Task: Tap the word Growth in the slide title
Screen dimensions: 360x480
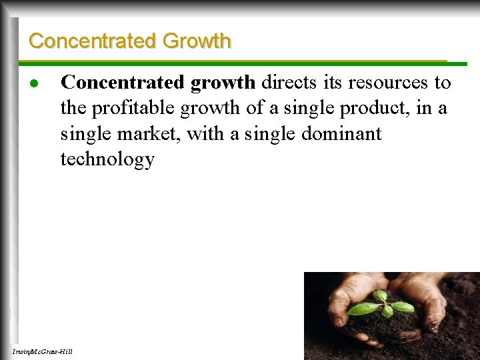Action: pyautogui.click(x=197, y=41)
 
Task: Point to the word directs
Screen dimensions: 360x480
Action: pyautogui.click(x=286, y=83)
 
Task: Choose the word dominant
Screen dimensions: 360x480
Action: pyautogui.click(x=341, y=133)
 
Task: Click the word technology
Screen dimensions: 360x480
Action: pyautogui.click(x=107, y=159)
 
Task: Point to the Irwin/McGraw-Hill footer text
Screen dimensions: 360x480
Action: pyautogui.click(x=42, y=351)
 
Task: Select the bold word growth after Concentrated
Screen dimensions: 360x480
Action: pyautogui.click(x=223, y=83)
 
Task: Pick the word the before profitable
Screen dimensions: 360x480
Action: pyautogui.click(x=71, y=108)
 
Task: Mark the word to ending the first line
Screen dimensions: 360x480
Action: pyautogui.click(x=443, y=83)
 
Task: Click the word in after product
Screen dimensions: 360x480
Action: pyautogui.click(x=423, y=108)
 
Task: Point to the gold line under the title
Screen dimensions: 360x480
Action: pyautogui.click(x=240, y=61)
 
